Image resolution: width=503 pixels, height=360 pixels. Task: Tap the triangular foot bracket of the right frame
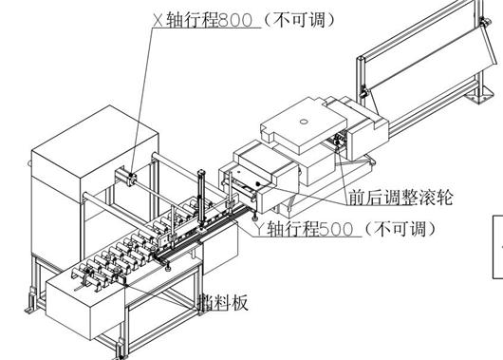[x=483, y=95]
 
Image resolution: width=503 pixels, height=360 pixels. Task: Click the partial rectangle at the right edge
[x=496, y=246]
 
